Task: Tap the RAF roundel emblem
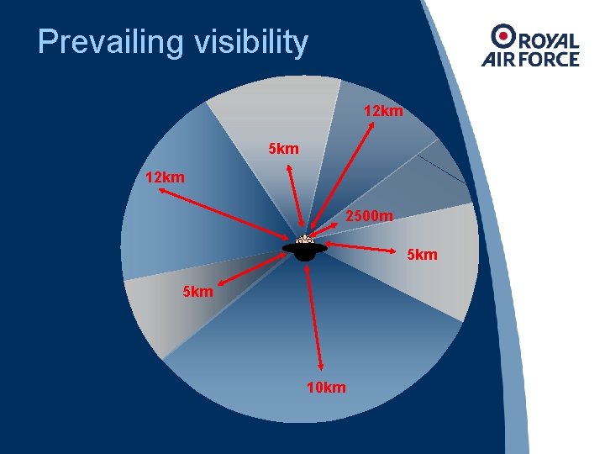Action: pos(505,35)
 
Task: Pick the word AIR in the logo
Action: pos(497,59)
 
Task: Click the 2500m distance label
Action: pos(369,217)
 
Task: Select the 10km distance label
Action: pos(326,388)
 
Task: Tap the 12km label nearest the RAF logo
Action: pos(383,110)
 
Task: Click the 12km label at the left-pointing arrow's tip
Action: pos(165,177)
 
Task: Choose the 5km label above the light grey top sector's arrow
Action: pos(283,149)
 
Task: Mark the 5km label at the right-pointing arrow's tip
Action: pos(422,254)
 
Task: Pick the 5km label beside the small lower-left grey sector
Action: pos(198,292)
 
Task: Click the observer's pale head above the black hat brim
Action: pos(304,240)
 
